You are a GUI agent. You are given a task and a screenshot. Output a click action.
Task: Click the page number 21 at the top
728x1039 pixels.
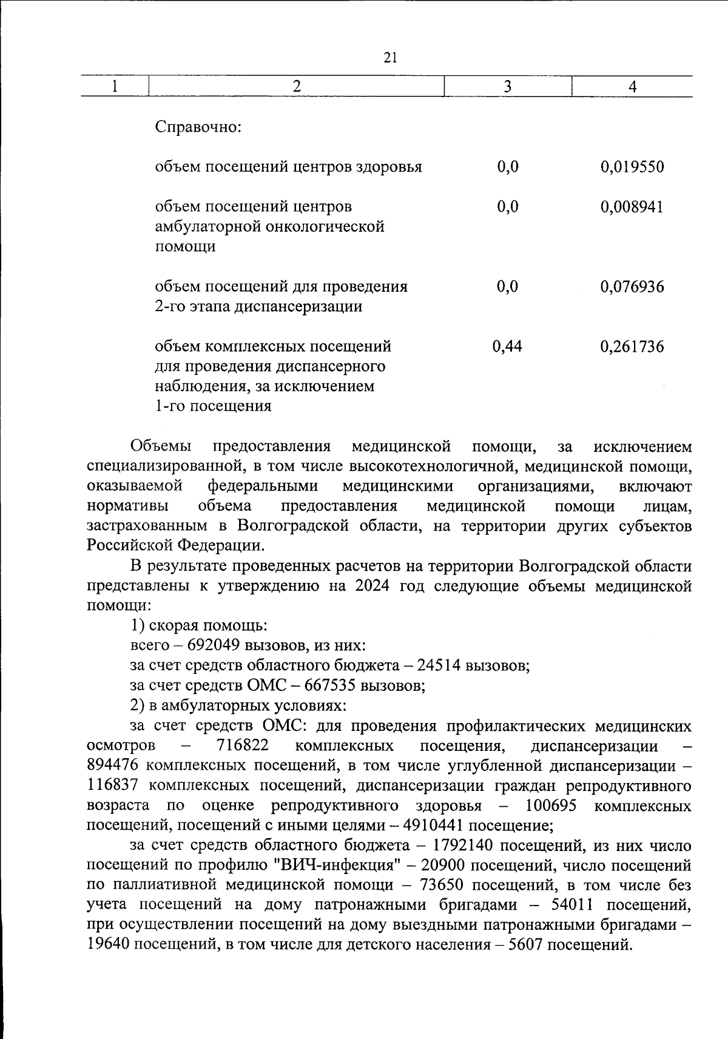coord(390,58)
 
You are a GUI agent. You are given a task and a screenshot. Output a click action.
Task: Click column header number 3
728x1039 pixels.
coord(507,87)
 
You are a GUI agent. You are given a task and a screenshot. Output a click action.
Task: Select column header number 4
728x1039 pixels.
coord(632,87)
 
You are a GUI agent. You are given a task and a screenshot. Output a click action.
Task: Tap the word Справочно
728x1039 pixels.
coord(198,127)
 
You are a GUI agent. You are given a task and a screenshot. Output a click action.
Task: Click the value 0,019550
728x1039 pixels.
coord(632,167)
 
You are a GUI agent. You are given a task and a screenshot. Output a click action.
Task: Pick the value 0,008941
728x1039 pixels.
coord(632,207)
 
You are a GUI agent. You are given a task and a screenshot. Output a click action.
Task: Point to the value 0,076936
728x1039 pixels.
coord(632,286)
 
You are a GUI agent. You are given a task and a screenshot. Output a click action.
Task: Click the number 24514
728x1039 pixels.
coord(438,665)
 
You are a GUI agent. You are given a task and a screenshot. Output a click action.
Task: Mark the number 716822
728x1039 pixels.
coord(243,745)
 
